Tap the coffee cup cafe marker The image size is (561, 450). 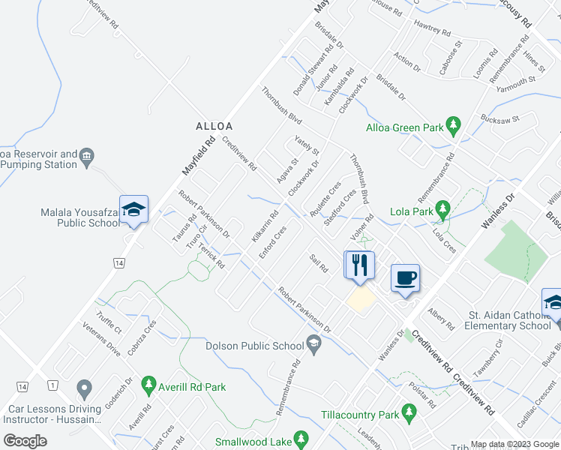(x=405, y=278)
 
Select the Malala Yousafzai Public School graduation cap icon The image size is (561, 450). (x=133, y=210)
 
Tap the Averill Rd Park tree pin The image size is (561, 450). (x=148, y=386)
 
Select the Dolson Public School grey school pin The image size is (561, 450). (x=313, y=346)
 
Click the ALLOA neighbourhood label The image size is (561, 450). (x=214, y=126)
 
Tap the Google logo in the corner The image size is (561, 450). (x=25, y=441)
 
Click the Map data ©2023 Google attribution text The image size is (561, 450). (x=514, y=444)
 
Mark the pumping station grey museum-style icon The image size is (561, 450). (x=88, y=157)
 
